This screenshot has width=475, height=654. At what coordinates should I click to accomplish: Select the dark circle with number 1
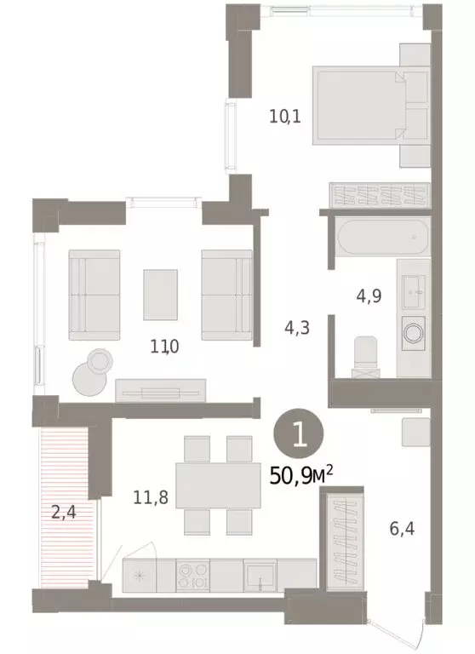(x=297, y=435)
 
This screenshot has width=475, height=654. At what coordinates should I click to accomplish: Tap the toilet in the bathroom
(x=364, y=354)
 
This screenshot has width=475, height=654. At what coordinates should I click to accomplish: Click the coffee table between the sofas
(x=161, y=293)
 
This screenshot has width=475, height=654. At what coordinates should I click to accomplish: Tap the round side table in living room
(x=89, y=371)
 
